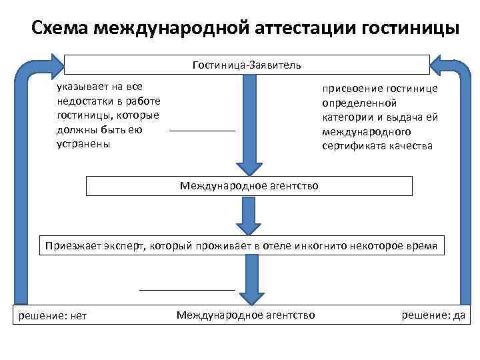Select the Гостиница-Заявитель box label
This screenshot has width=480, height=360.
246,65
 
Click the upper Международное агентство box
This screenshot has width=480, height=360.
249,185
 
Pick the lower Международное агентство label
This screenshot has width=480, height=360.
246,314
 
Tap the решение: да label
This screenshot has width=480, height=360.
433,315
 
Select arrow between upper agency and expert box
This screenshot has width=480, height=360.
249,215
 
